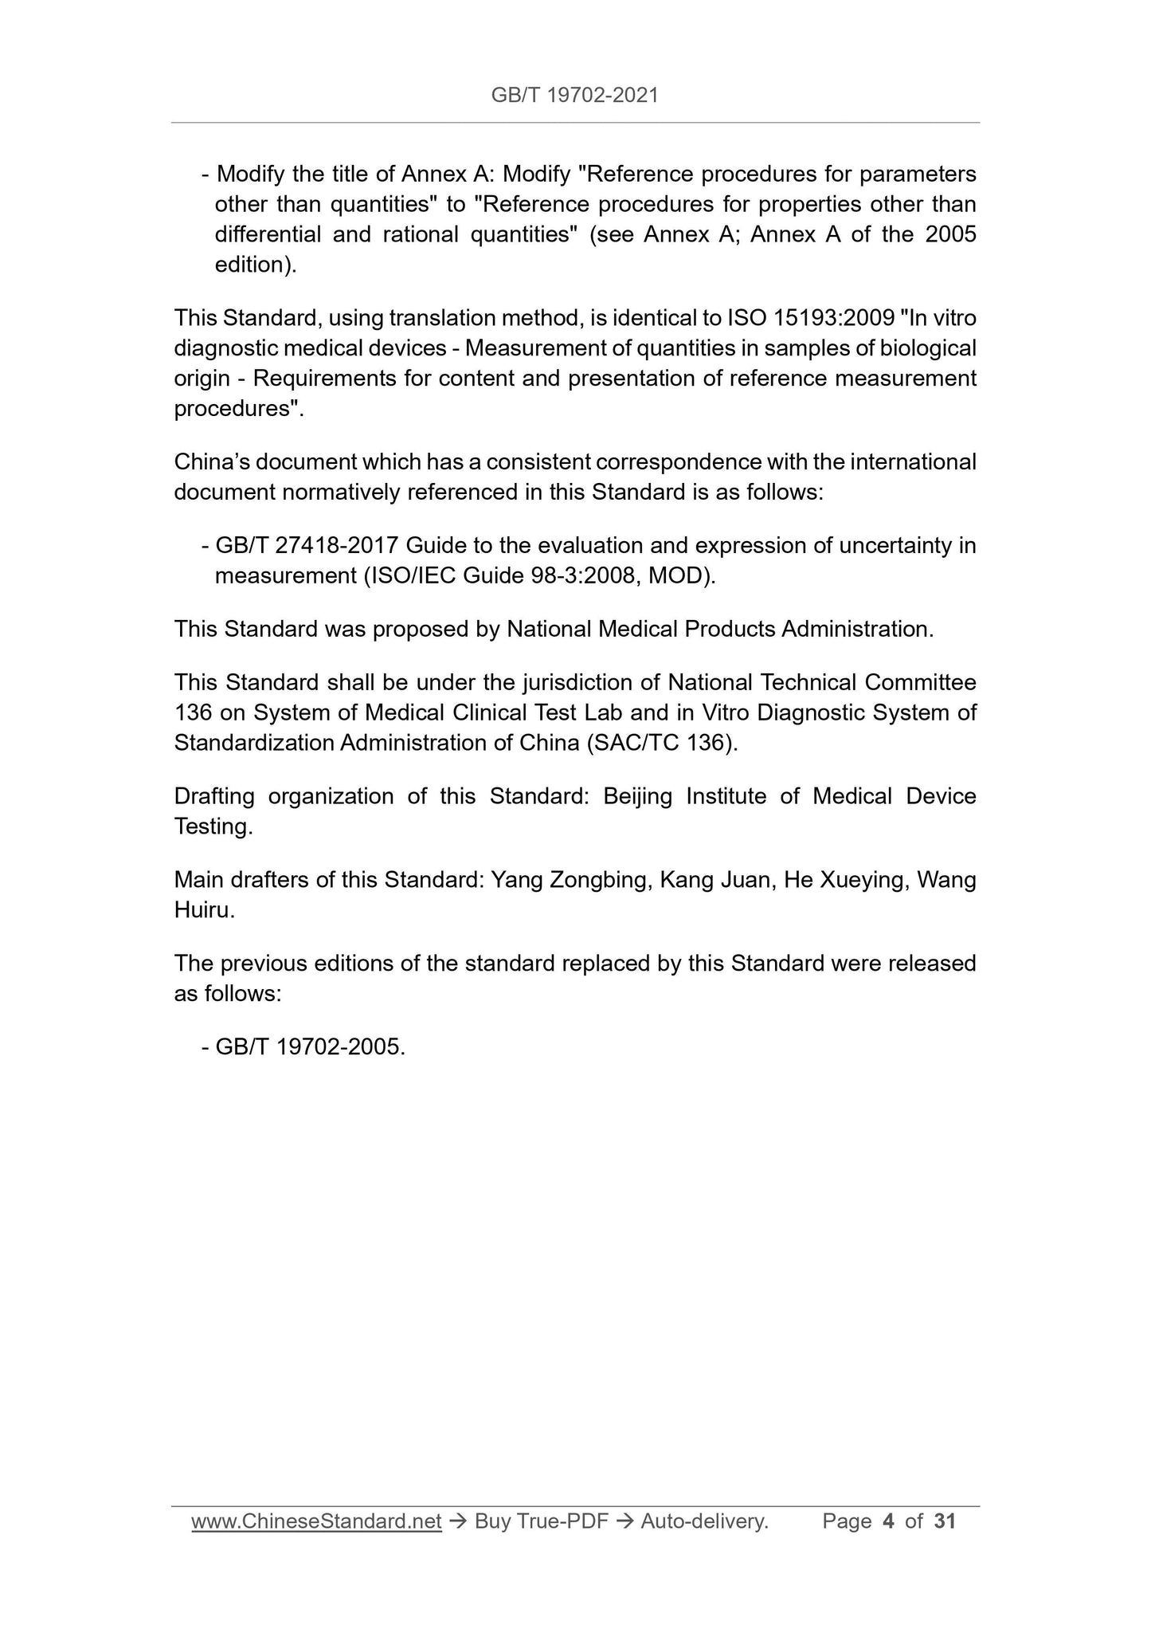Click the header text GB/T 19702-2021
pos(574,96)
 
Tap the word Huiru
pos(203,910)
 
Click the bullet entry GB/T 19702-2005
pos(310,1046)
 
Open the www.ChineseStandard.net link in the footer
pos(316,1521)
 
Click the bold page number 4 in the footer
pos(888,1521)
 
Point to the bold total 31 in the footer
pos(945,1521)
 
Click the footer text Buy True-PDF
pos(541,1521)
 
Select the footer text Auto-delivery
pos(704,1521)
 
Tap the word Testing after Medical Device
pos(213,826)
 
